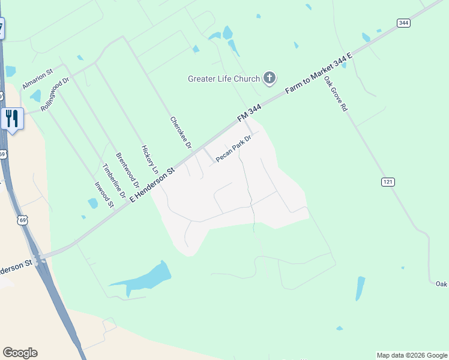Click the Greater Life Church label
click(x=223, y=79)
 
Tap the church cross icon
click(x=270, y=77)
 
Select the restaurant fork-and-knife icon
click(x=12, y=118)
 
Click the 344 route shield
click(x=403, y=23)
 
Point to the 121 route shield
click(x=388, y=181)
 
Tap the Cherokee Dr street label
click(x=181, y=133)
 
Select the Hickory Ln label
click(x=149, y=160)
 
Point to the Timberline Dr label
click(x=114, y=181)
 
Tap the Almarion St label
click(x=38, y=78)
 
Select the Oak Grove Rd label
click(x=336, y=94)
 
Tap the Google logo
click(x=20, y=353)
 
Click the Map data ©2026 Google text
click(x=412, y=355)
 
